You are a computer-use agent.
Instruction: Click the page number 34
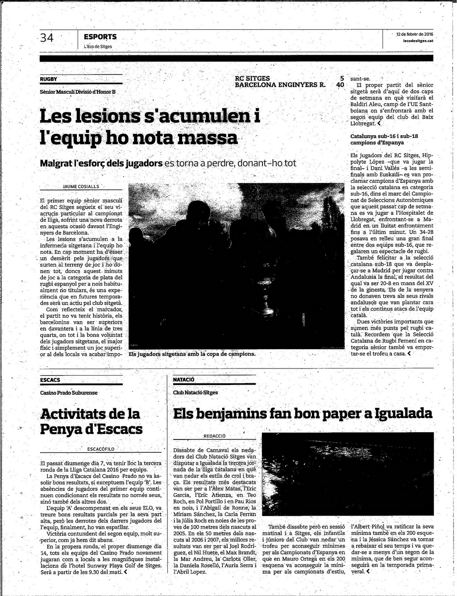click(47, 38)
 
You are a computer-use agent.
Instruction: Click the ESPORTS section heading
click(100, 37)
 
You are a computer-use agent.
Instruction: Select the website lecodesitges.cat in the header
click(418, 41)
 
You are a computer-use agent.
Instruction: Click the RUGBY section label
click(49, 79)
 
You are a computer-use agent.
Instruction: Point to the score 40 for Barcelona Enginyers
click(340, 85)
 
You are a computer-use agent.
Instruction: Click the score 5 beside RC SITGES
click(342, 78)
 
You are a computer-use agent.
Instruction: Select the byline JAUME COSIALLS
click(81, 186)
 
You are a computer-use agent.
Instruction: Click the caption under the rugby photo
click(192, 354)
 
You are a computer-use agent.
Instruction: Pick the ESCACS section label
click(50, 380)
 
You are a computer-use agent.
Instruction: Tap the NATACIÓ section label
click(184, 380)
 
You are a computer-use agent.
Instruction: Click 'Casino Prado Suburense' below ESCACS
click(69, 393)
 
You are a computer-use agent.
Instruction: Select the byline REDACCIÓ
click(215, 436)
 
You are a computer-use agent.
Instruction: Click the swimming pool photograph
click(347, 474)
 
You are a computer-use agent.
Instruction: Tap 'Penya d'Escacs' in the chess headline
click(91, 429)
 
